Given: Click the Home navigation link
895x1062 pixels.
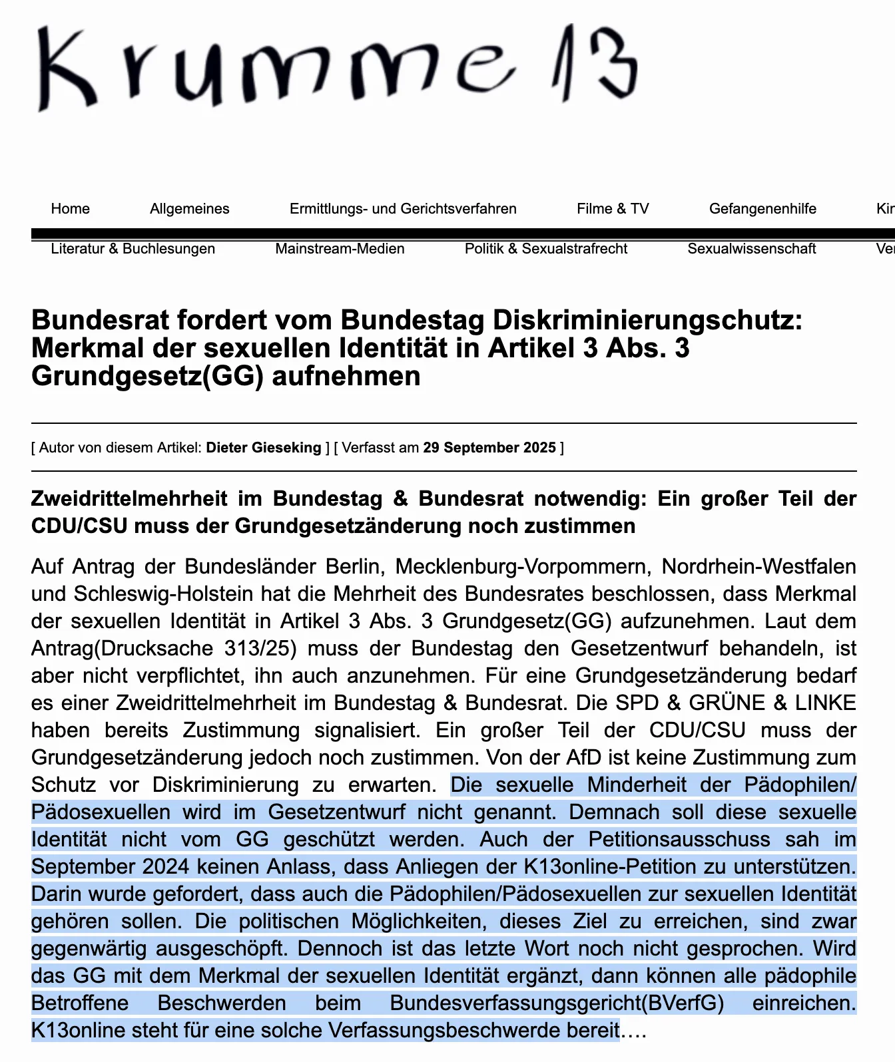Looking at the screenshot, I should [70, 209].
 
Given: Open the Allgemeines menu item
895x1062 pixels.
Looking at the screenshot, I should [189, 209].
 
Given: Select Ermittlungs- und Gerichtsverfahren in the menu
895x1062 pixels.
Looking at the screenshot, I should [403, 209].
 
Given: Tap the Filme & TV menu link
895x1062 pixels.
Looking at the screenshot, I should [613, 209].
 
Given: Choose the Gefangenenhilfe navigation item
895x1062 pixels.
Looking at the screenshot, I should [762, 209].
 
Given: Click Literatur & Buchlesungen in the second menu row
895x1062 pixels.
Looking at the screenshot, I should [133, 249].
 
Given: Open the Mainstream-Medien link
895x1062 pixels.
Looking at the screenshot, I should [340, 249].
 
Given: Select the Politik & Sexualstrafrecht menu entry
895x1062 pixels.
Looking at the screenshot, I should [546, 249].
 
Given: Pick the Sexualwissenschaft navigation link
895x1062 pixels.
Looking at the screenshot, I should [752, 249].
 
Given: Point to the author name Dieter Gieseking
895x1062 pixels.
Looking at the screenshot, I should [264, 448].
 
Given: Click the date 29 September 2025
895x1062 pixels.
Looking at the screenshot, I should [489, 448].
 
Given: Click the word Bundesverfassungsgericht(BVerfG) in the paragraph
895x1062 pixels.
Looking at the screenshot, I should [557, 1003].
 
